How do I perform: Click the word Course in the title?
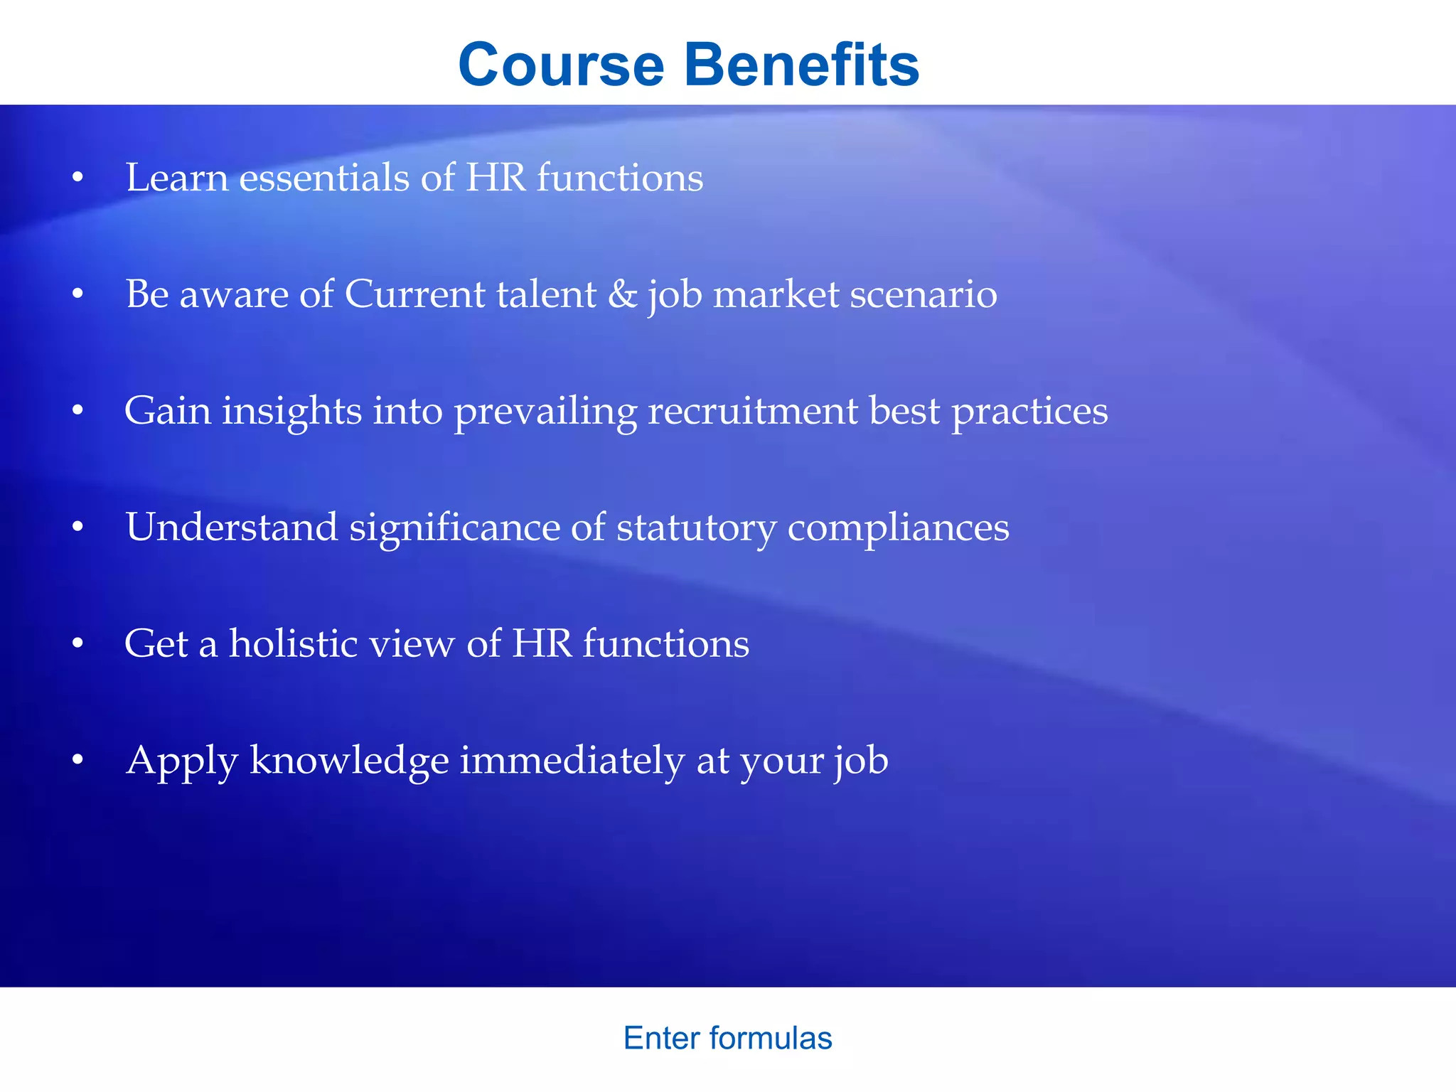coord(562,65)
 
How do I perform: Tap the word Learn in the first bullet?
coord(177,177)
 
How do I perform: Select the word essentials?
coord(324,177)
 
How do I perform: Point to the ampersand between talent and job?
coord(622,294)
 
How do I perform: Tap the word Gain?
coord(168,410)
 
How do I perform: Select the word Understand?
coord(232,527)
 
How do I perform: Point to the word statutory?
coord(696,528)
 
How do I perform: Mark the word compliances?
coord(898,528)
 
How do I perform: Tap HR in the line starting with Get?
coord(542,643)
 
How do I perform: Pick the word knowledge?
coord(349,761)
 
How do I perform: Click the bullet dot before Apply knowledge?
coord(78,760)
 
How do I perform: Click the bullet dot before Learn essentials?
coord(78,177)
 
